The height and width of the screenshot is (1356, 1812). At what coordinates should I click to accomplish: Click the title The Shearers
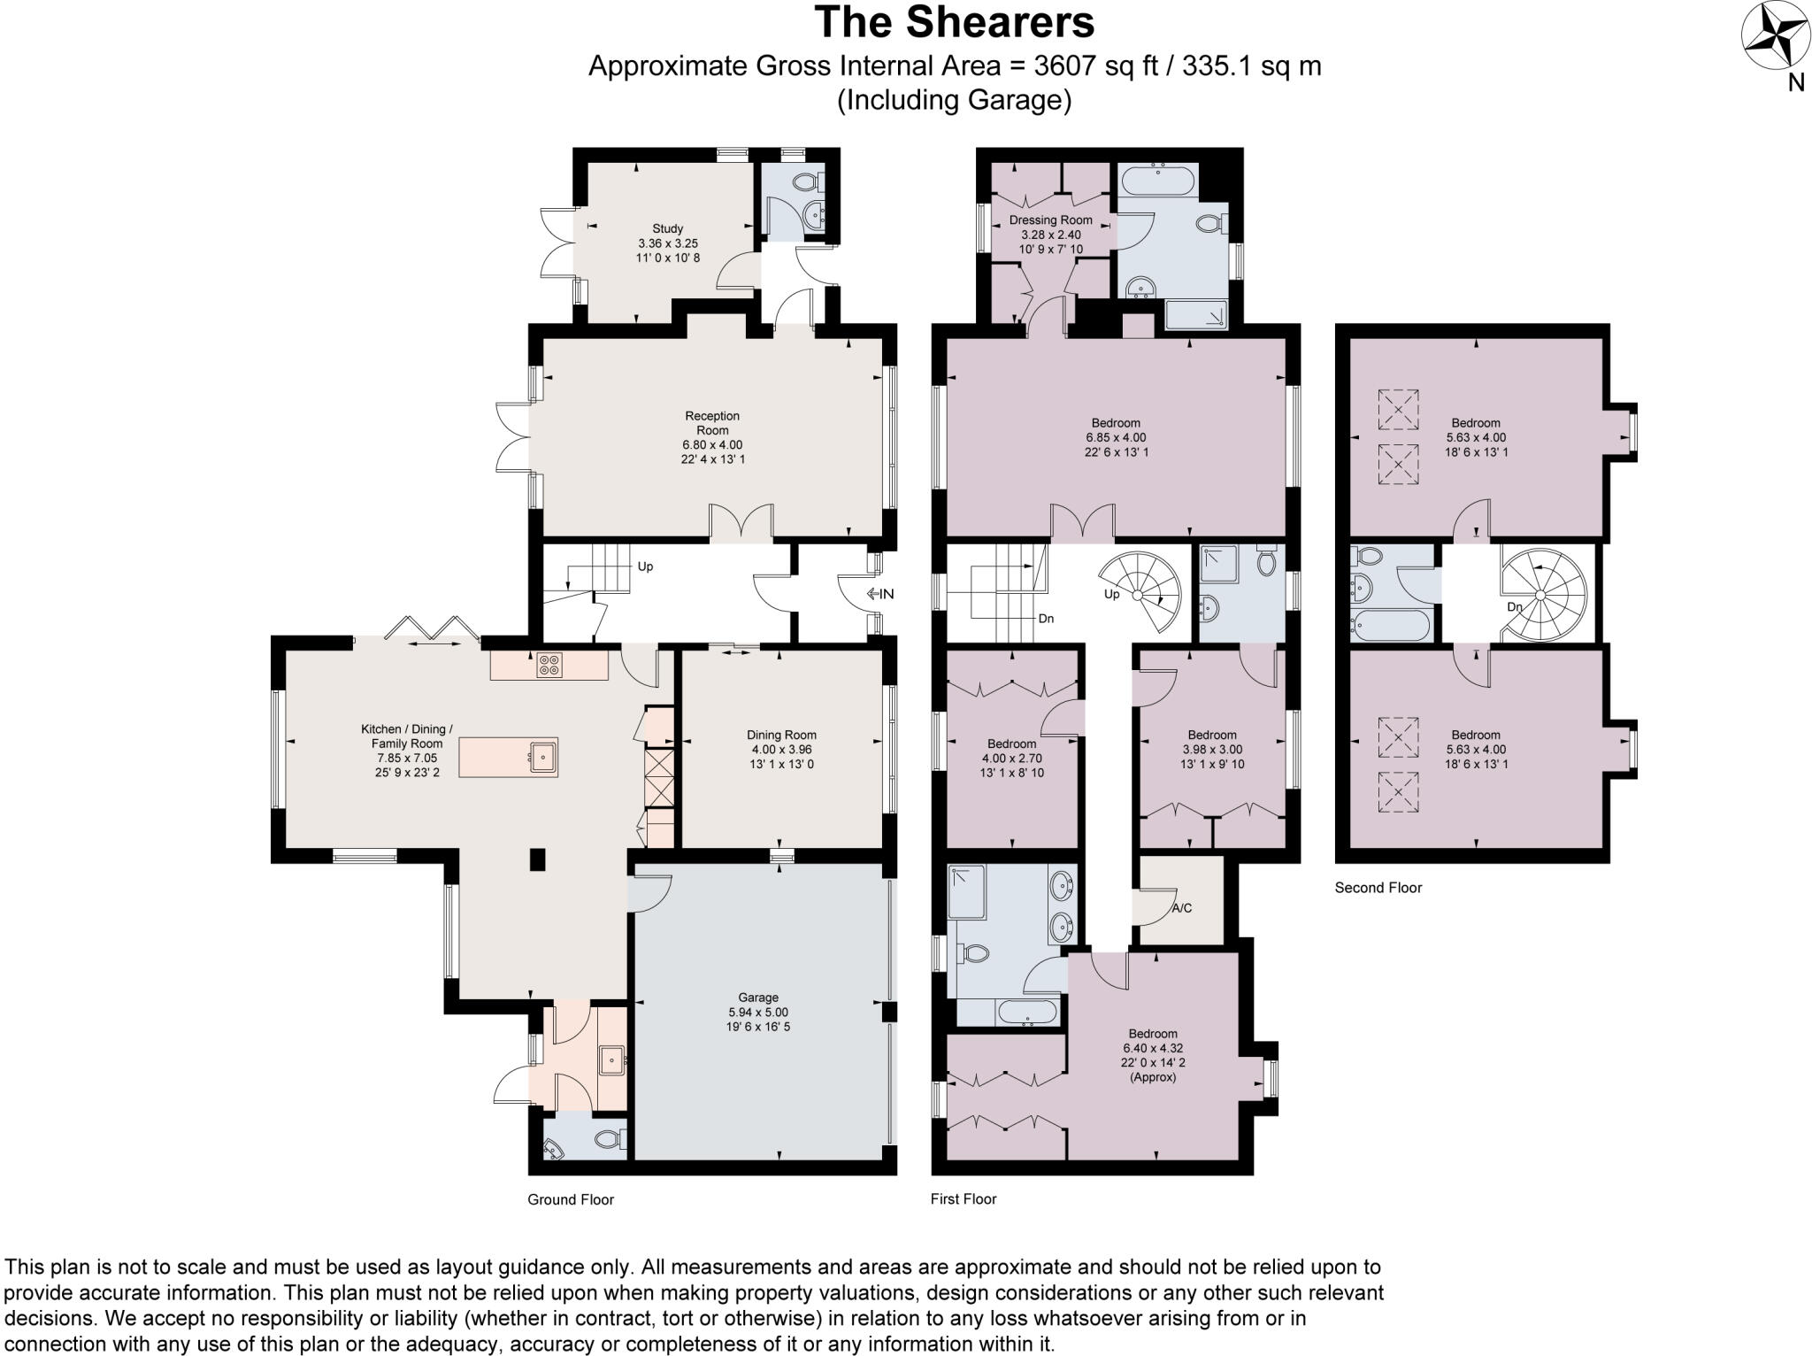pyautogui.click(x=954, y=22)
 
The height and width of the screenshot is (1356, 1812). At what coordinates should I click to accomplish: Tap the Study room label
pyautogui.click(x=668, y=228)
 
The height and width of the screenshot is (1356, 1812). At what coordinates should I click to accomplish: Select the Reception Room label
pyautogui.click(x=712, y=423)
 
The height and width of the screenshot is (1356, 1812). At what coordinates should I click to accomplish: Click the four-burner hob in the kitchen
pyautogui.click(x=549, y=665)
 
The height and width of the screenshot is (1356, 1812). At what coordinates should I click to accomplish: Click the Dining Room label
pyautogui.click(x=781, y=735)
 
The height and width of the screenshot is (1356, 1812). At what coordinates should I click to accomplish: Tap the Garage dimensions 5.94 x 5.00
pyautogui.click(x=758, y=1013)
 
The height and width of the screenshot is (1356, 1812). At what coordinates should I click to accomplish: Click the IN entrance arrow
pyautogui.click(x=880, y=594)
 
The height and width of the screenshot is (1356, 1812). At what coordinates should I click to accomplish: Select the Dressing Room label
pyautogui.click(x=1050, y=220)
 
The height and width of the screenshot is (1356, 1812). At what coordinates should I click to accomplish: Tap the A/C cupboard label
pyautogui.click(x=1182, y=908)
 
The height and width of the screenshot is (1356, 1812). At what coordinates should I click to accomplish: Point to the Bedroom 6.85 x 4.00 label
pyautogui.click(x=1116, y=423)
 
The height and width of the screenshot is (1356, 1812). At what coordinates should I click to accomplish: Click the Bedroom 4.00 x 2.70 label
pyautogui.click(x=1011, y=743)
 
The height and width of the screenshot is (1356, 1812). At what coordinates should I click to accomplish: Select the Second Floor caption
pyautogui.click(x=1378, y=888)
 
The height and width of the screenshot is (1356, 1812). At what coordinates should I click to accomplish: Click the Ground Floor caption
pyautogui.click(x=571, y=1199)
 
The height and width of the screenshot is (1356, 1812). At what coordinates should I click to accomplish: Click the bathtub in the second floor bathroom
pyautogui.click(x=1391, y=627)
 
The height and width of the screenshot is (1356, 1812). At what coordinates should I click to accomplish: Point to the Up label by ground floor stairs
pyautogui.click(x=645, y=566)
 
